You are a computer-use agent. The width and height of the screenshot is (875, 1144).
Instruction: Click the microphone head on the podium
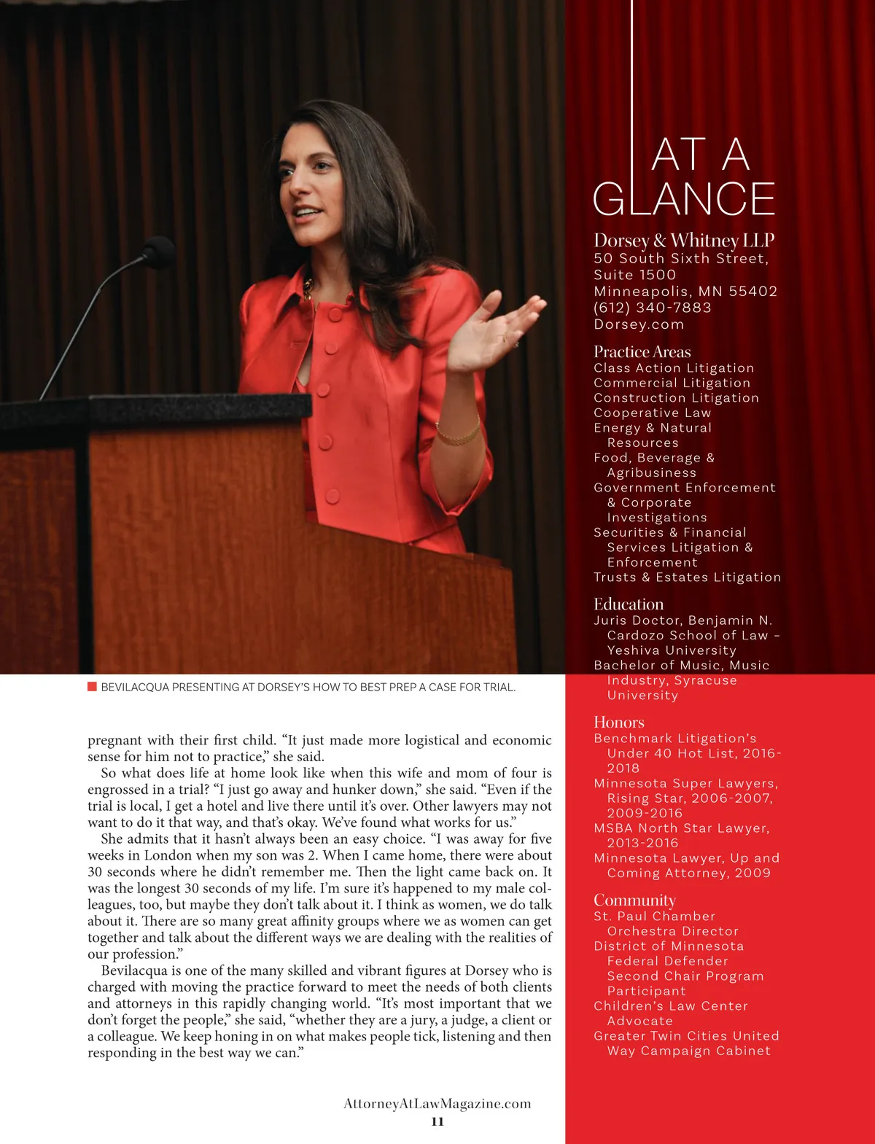[x=157, y=252]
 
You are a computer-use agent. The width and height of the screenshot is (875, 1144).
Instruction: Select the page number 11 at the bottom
[x=437, y=1121]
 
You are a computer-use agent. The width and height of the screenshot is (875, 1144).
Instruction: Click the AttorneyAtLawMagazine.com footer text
[x=437, y=1103]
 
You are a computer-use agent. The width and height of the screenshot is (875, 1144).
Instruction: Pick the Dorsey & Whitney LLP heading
[x=684, y=240]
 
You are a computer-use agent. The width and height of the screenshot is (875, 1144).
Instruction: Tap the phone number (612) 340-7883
[x=653, y=308]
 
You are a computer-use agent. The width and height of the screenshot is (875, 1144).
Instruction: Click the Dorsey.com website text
[x=639, y=324]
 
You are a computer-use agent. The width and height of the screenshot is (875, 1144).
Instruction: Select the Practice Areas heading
[x=642, y=351]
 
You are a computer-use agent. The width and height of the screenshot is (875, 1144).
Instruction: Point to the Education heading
[x=629, y=604]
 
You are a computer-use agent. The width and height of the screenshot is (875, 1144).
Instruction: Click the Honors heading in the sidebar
[x=619, y=722]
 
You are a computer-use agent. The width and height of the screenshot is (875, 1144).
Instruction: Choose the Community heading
[x=634, y=900]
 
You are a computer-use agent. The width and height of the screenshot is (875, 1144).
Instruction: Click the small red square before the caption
[x=92, y=686]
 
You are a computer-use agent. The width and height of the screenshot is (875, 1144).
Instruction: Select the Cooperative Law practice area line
[x=652, y=413]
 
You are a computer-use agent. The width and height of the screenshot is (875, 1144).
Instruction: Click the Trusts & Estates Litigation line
[x=687, y=577]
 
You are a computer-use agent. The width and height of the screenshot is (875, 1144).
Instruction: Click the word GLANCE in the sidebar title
[x=684, y=199]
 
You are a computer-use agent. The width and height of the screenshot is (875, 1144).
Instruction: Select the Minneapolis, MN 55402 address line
[x=685, y=291]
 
